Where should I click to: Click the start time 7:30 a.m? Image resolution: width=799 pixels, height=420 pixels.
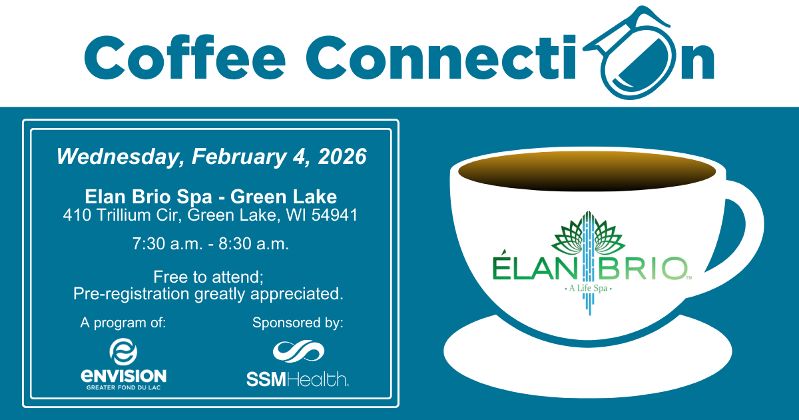[x=168, y=244]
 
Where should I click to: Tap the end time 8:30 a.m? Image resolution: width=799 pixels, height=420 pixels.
[x=256, y=244]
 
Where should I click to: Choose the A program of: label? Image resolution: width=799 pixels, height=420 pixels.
[x=123, y=323]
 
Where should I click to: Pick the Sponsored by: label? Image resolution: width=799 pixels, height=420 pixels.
[x=298, y=323]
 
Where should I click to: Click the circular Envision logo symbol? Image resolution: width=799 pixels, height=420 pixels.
[x=123, y=351]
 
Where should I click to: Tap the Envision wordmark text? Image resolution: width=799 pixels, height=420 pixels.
[x=123, y=376]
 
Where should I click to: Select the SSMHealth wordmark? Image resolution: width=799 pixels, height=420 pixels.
[x=298, y=380]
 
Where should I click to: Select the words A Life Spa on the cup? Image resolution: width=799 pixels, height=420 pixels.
[x=587, y=289]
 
